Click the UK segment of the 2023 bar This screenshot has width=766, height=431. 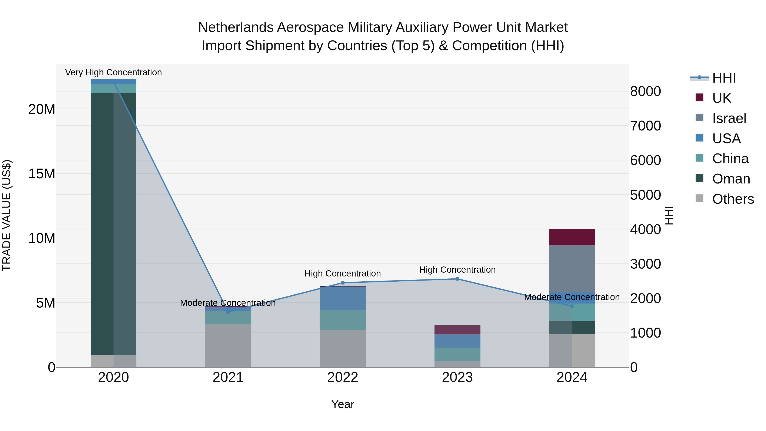pyautogui.click(x=457, y=329)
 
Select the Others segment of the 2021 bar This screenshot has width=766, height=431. pyautogui.click(x=228, y=345)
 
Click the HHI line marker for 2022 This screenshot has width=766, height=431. pyautogui.click(x=343, y=283)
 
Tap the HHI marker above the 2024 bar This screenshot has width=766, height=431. pyautogui.click(x=572, y=306)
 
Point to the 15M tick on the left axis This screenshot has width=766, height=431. pyautogui.click(x=42, y=173)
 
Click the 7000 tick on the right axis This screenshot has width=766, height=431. pyautogui.click(x=645, y=126)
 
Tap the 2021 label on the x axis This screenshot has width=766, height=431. pyautogui.click(x=228, y=377)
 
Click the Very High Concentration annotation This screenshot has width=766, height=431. pyautogui.click(x=113, y=72)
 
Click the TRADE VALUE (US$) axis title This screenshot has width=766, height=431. pyautogui.click(x=7, y=215)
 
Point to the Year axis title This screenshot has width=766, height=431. pyautogui.click(x=343, y=404)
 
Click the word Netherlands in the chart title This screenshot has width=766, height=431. pyautogui.click(x=236, y=27)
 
